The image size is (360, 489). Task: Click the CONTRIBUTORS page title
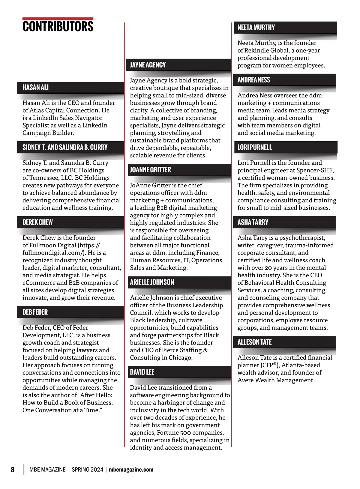[x=58, y=26]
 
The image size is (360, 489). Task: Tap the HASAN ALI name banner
[x=70, y=88]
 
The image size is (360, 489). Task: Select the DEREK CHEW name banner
[x=70, y=222]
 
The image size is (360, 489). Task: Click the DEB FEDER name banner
[x=70, y=312]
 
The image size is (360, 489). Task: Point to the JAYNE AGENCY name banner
[x=179, y=65]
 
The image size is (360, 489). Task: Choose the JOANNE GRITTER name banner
[x=179, y=170]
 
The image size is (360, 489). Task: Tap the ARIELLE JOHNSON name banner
[x=179, y=282]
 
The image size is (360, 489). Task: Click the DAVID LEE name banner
[x=179, y=372]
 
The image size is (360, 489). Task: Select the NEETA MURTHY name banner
[x=285, y=28]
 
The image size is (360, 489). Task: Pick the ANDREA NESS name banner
[x=285, y=80]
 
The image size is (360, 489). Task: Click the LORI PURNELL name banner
[x=285, y=147]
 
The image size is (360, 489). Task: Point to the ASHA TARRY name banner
[x=285, y=222]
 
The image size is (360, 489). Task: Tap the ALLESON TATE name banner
[x=285, y=342]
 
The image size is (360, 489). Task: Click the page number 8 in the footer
[x=13, y=470]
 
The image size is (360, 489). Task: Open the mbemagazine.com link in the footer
[x=131, y=470]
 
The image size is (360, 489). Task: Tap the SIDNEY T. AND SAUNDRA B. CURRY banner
[x=70, y=147]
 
